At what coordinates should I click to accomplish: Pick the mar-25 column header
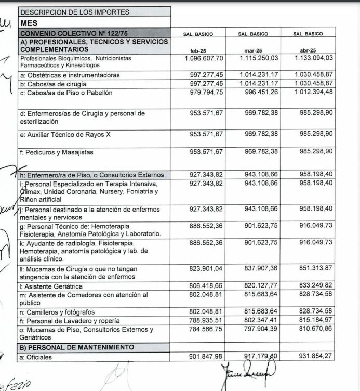(253, 50)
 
